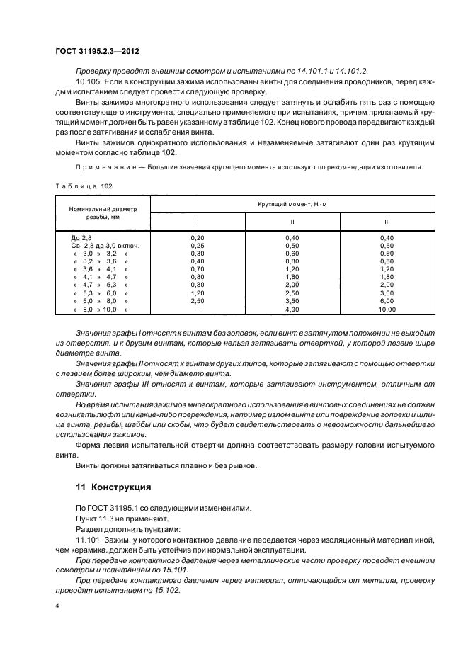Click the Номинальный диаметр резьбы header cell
coord(102,212)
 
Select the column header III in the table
coord(387,221)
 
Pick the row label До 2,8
coord(81,237)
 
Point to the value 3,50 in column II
coord(292,302)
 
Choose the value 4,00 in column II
coord(292,310)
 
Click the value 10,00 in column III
coord(387,310)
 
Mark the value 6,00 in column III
coord(387,302)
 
